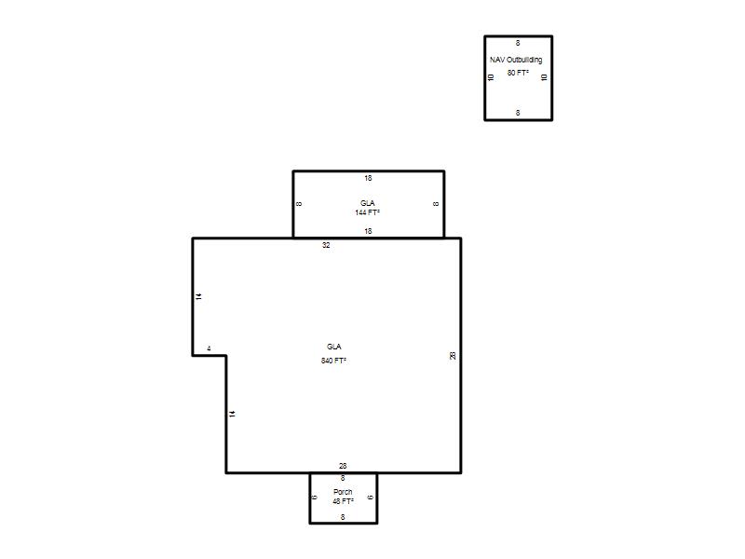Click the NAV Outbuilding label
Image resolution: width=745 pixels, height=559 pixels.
point(516,60)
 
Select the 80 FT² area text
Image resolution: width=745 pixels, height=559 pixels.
point(518,73)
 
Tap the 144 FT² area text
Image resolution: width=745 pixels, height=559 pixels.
point(367,212)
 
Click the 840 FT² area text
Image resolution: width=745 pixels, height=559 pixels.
point(333,361)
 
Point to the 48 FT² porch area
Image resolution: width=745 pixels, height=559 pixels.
point(343,501)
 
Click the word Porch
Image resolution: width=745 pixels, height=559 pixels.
point(343,492)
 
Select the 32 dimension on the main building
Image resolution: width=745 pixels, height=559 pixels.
point(326,245)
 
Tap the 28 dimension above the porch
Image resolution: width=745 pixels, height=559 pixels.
point(343,466)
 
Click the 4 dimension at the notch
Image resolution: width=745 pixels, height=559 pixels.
point(209,348)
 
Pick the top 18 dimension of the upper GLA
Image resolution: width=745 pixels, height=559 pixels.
point(368,178)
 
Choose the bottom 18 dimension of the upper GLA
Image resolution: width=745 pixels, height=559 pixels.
point(368,231)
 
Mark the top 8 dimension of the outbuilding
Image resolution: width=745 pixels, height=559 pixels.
point(518,43)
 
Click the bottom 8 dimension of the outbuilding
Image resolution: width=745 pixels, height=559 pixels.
point(518,113)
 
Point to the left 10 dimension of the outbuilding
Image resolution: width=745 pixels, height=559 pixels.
point(492,77)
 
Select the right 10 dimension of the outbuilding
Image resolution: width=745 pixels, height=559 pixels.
point(545,77)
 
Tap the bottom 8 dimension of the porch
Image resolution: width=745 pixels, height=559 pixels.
point(343,517)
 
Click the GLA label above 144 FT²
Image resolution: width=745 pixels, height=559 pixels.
point(367,203)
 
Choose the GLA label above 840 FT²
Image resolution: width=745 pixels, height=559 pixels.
point(333,347)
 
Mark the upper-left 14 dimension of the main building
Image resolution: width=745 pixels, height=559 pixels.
point(198,296)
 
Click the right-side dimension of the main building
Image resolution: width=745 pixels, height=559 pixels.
point(453,356)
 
